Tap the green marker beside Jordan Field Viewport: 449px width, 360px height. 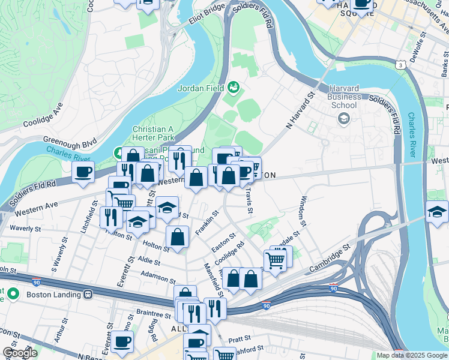pyautogui.click(x=234, y=89)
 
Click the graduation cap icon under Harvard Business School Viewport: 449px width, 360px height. pyautogui.click(x=344, y=118)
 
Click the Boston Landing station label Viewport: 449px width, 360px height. pyautogui.click(x=53, y=295)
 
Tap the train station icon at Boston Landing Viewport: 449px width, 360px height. pyautogui.click(x=88, y=295)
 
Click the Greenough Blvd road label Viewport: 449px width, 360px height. pyautogui.click(x=78, y=143)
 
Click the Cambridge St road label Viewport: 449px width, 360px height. pyautogui.click(x=329, y=256)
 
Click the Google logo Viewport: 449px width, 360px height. pyautogui.click(x=20, y=353)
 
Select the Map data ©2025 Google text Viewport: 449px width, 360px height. pyautogui.click(x=411, y=355)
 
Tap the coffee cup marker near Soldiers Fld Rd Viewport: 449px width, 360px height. pyautogui.click(x=83, y=172)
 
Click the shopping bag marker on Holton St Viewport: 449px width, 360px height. pyautogui.click(x=178, y=236)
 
